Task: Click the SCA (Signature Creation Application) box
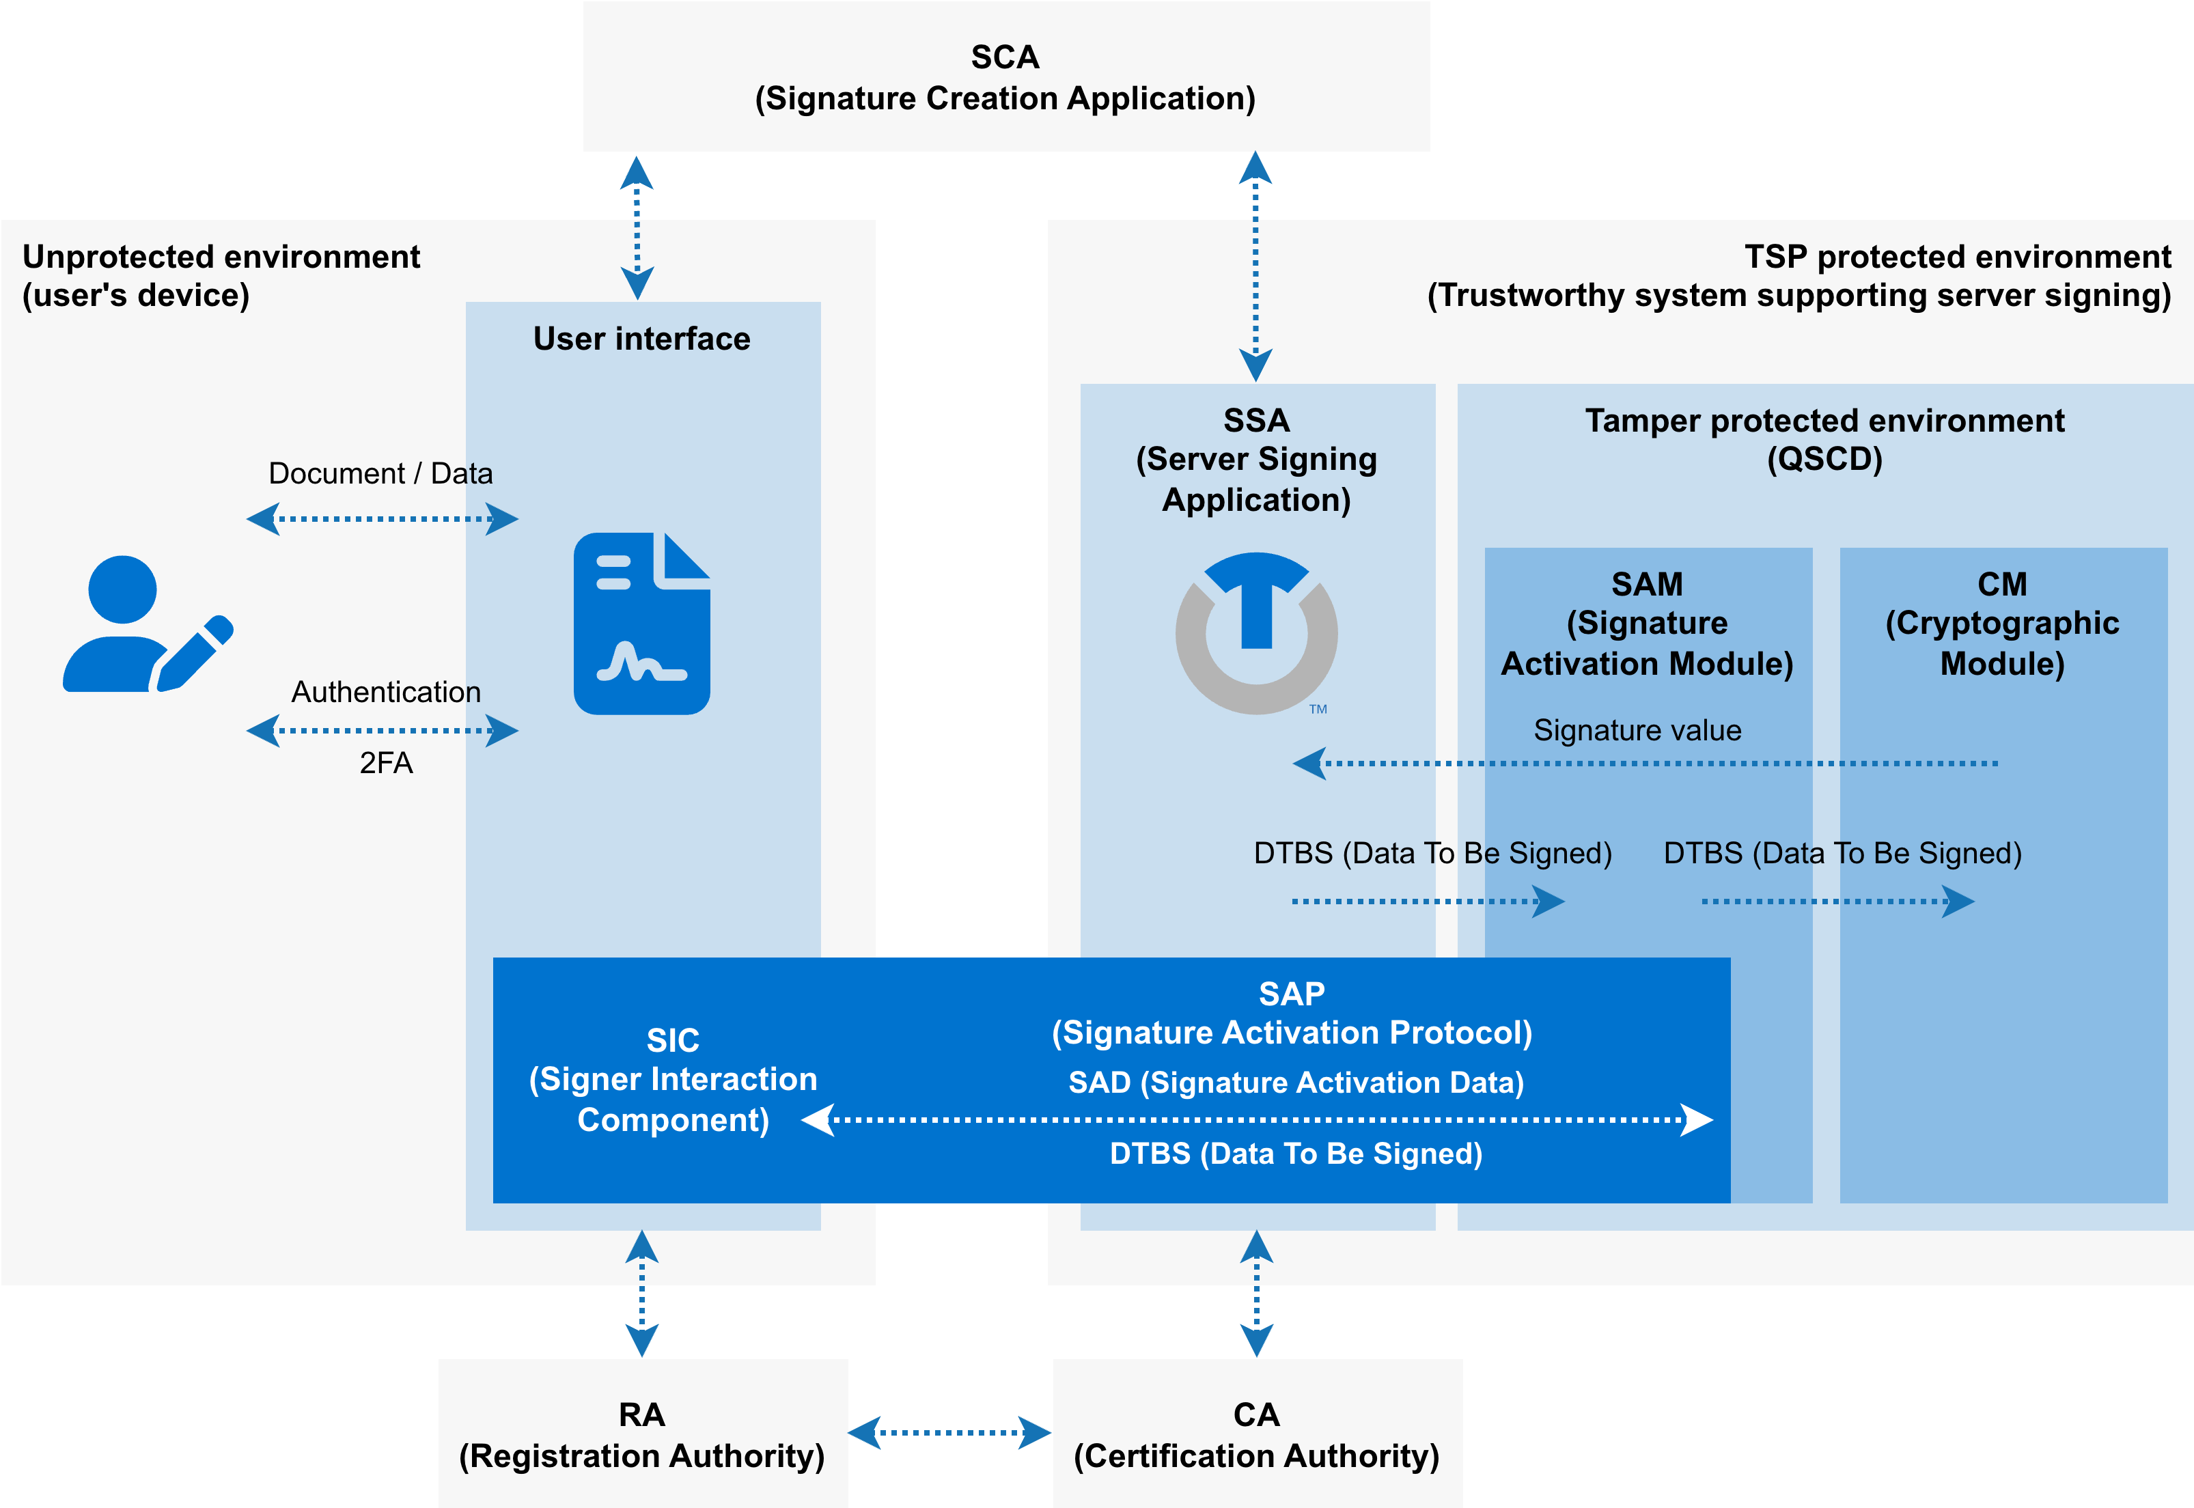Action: point(1005,76)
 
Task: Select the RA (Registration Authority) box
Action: point(643,1434)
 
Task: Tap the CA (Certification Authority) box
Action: point(1257,1434)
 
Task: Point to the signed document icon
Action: point(641,624)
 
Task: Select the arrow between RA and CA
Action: point(949,1432)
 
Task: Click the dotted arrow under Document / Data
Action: point(382,519)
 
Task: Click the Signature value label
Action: point(1637,730)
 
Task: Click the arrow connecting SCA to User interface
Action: point(637,227)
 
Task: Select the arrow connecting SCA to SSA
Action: point(1255,266)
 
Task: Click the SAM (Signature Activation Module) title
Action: point(1647,624)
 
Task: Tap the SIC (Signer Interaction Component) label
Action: point(673,1080)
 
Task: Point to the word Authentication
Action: point(385,692)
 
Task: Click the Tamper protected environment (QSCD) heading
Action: point(1824,439)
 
